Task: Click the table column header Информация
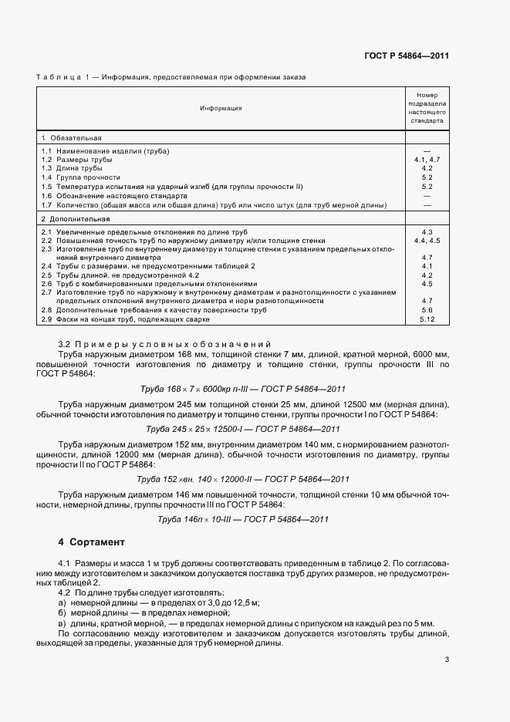tap(221, 108)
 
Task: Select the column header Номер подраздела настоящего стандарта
tap(427, 108)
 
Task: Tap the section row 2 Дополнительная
tap(75, 219)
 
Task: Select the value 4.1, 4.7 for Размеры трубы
tap(427, 159)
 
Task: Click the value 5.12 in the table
tap(427, 319)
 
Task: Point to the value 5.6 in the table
tap(427, 310)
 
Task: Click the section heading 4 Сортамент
tap(91, 542)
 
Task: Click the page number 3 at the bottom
tap(448, 660)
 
